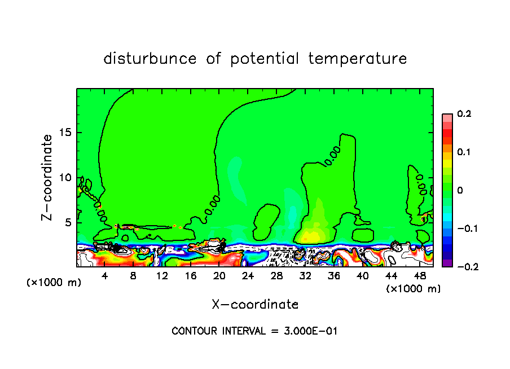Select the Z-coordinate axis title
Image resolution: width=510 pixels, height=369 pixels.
(x=48, y=177)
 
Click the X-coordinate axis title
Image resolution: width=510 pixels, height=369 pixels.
(x=255, y=305)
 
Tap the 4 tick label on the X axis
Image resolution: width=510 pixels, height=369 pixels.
(x=105, y=275)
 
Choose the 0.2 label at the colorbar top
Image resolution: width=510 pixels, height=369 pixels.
(x=464, y=114)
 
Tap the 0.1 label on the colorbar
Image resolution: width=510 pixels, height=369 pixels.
(x=464, y=152)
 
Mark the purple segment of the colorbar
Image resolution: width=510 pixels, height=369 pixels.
(x=447, y=262)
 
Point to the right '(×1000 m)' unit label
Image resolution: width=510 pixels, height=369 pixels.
(x=414, y=289)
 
